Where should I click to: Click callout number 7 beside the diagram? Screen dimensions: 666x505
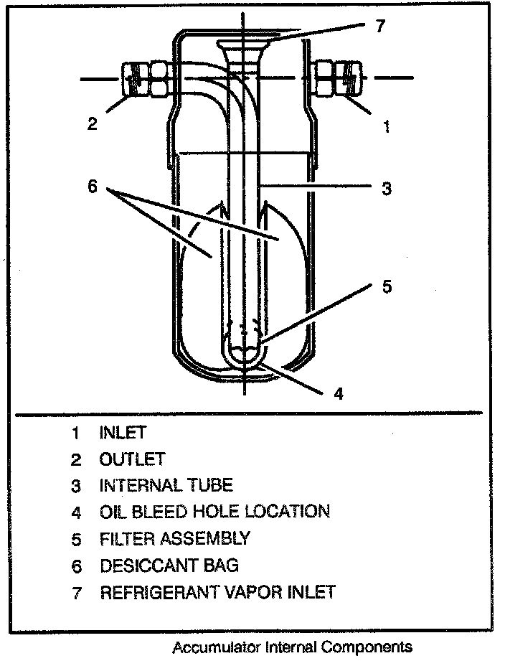[380, 27]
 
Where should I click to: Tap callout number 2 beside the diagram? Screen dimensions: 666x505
[92, 123]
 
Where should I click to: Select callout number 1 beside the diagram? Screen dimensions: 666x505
[387, 127]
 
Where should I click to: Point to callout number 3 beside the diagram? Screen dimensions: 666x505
[386, 189]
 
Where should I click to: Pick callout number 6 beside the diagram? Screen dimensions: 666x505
[92, 186]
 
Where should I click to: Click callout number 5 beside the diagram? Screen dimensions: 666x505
[387, 286]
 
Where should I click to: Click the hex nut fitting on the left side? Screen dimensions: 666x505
[147, 78]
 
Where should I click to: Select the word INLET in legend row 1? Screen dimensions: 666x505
[123, 433]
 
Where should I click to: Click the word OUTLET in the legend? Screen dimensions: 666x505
[132, 459]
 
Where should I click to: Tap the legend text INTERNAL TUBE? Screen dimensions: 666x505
[166, 485]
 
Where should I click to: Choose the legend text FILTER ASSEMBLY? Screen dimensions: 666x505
[174, 538]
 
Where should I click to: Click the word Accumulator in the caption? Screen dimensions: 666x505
[216, 647]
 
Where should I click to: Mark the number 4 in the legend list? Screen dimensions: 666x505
[75, 512]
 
